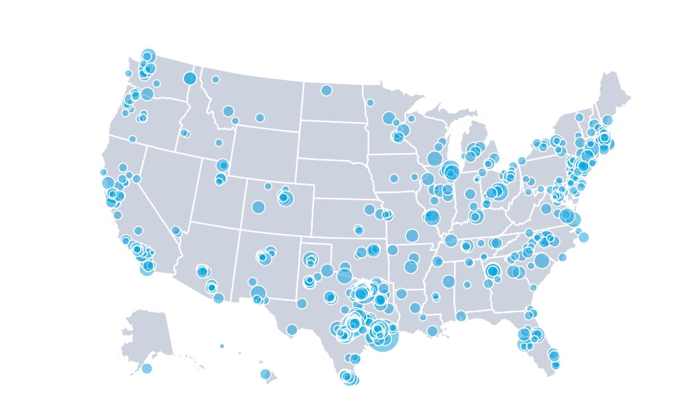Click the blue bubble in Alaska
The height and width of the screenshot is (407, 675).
[147, 368]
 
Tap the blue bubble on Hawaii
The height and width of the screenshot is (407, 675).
[265, 374]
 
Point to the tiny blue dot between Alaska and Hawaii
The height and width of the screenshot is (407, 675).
[222, 346]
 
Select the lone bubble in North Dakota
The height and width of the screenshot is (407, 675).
[326, 90]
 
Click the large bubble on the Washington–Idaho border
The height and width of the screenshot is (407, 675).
[190, 78]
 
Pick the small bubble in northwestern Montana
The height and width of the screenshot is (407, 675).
[215, 79]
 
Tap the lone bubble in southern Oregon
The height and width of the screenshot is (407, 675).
[132, 139]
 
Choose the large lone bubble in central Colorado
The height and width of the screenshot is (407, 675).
[258, 207]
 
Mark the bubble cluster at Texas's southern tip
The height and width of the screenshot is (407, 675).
[349, 378]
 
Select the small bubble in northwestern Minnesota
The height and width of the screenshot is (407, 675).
[370, 102]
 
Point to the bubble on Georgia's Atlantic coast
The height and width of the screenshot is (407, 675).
[533, 288]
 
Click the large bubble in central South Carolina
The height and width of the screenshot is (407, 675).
[542, 261]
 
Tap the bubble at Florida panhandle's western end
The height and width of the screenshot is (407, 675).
[461, 316]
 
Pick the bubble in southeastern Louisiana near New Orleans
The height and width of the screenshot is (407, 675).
[432, 331]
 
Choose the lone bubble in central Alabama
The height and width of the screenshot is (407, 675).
[467, 284]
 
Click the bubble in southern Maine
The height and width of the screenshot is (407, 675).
[607, 120]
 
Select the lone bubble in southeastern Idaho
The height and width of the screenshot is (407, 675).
[219, 142]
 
